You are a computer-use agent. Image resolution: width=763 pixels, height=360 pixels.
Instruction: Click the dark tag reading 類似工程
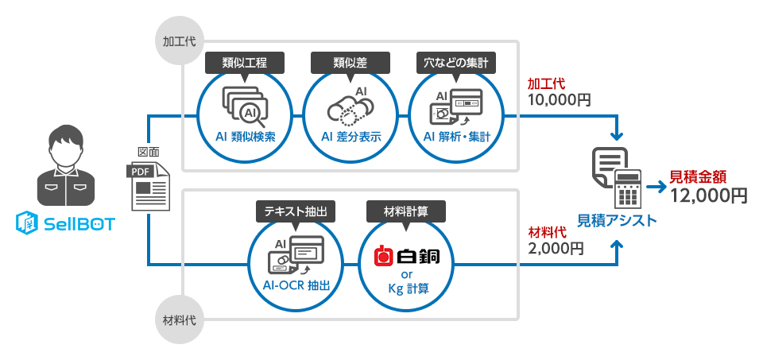pyautogui.click(x=245, y=62)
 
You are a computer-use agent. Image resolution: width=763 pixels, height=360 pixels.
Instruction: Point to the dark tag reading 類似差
pyautogui.click(x=351, y=62)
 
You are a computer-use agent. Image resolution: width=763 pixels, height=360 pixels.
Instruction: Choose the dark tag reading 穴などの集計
pyautogui.click(x=456, y=62)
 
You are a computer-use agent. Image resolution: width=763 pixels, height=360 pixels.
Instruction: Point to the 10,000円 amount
pyautogui.click(x=560, y=101)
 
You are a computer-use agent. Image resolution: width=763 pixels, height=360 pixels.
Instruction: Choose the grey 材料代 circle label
pyautogui.click(x=180, y=321)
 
